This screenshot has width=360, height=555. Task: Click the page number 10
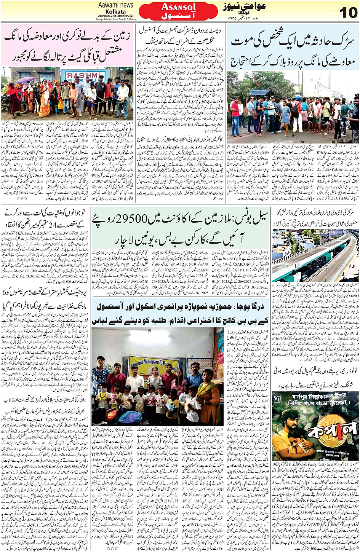point(348,12)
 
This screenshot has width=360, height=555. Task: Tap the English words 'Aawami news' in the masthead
point(115,5)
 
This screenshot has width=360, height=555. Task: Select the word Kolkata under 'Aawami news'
point(115,11)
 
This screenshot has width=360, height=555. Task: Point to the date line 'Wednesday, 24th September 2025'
point(115,16)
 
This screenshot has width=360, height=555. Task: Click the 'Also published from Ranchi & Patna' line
point(115,19)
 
